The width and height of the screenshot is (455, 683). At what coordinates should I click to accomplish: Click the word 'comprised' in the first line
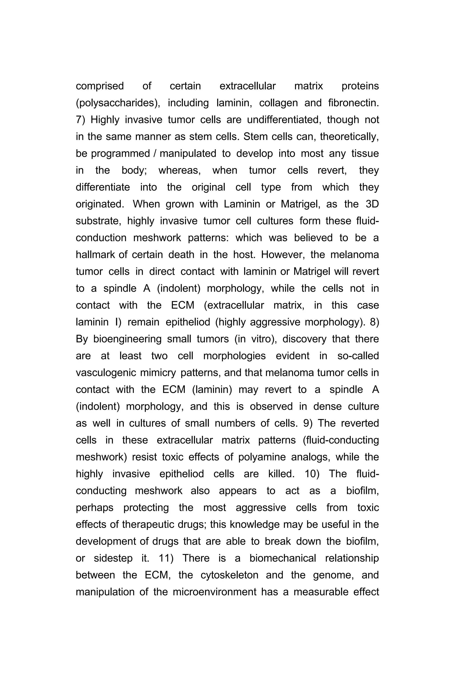point(100,86)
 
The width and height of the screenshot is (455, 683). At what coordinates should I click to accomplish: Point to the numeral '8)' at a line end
point(374,322)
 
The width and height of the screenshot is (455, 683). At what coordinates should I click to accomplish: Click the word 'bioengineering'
point(127,339)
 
